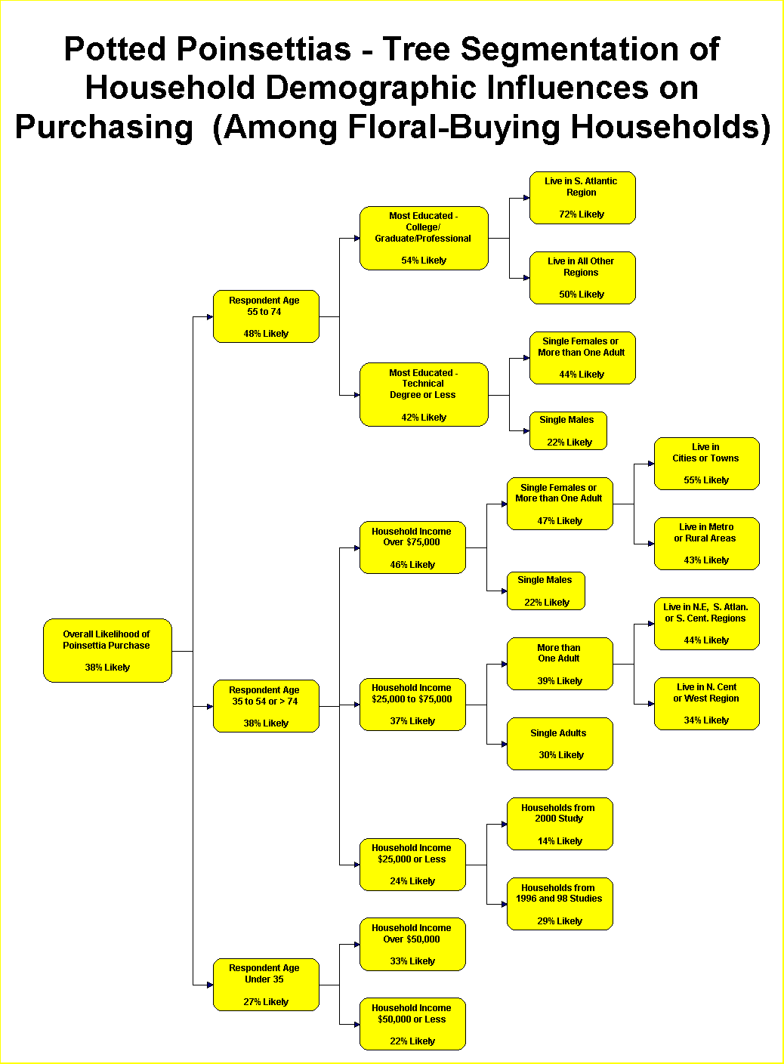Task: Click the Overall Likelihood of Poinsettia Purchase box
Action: (107, 650)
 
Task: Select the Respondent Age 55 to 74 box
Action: (266, 316)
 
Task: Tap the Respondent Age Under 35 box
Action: (266, 985)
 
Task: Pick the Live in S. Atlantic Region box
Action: (582, 198)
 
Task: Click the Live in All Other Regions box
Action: (582, 278)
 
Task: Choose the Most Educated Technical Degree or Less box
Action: (424, 395)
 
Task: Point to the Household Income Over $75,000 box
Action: (412, 547)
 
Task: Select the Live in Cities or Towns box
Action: (706, 464)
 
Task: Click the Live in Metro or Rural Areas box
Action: (706, 544)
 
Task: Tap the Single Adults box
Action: (560, 744)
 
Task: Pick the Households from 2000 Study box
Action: (560, 824)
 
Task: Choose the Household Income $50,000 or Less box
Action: (412, 1024)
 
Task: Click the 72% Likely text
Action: (582, 214)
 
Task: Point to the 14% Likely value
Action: (560, 840)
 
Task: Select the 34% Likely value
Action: (706, 720)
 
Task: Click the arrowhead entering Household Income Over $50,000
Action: (357, 945)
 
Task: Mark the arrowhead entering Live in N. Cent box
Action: (651, 704)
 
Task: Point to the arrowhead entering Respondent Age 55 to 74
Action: (210, 317)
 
